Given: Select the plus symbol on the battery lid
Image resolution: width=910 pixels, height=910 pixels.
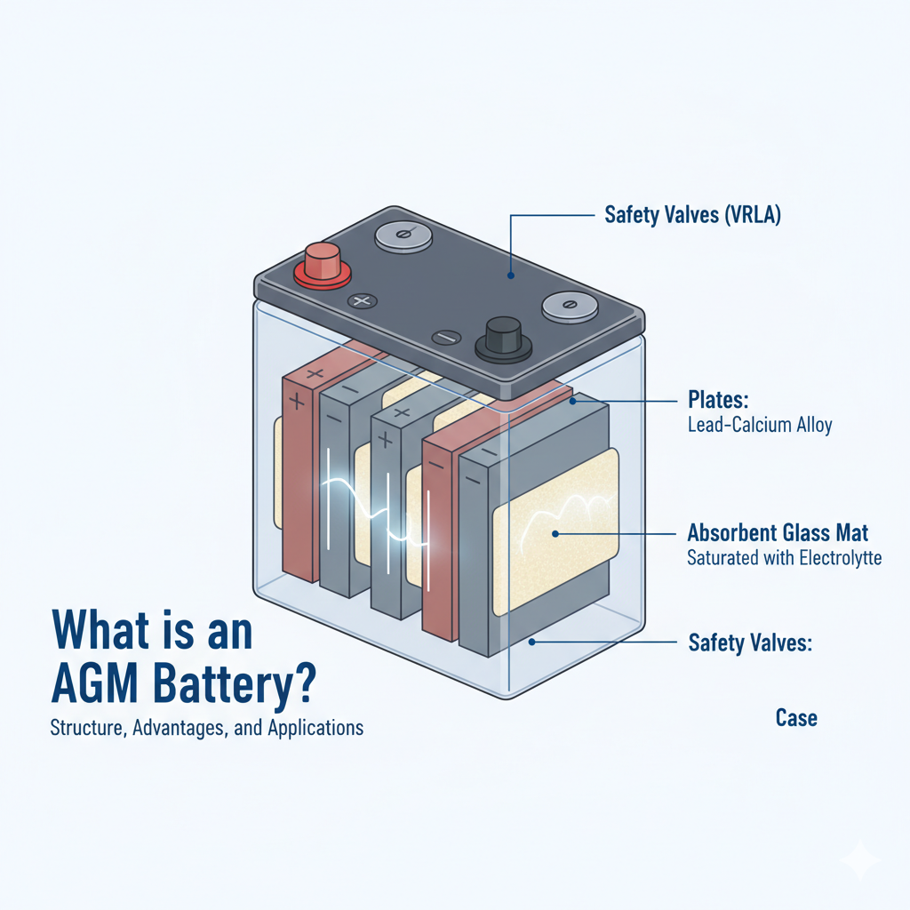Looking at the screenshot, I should click(x=362, y=302).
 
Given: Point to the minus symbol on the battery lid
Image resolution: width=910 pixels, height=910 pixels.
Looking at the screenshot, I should click(x=446, y=338).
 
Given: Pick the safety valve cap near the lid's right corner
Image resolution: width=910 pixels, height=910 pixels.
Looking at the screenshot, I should click(x=570, y=306).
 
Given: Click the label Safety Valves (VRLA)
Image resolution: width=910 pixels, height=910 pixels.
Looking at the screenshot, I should click(x=692, y=215).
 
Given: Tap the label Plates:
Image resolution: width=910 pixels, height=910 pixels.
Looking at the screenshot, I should click(x=716, y=397).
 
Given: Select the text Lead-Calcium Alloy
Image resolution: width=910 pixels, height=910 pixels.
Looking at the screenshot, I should click(x=760, y=425).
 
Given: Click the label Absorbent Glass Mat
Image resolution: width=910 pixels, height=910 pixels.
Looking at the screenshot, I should click(x=778, y=533).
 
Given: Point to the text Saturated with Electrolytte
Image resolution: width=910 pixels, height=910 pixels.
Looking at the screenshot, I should click(x=785, y=559).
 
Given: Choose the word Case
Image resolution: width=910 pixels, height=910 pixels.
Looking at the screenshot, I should click(x=795, y=717).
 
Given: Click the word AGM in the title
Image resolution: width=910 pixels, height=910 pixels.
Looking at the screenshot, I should click(x=92, y=686).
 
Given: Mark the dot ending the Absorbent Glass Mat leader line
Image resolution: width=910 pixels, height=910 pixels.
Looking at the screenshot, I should click(x=555, y=534).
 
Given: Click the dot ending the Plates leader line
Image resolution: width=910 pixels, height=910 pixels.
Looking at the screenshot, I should click(x=574, y=402).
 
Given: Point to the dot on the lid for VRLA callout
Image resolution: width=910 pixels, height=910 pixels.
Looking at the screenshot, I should click(x=512, y=276).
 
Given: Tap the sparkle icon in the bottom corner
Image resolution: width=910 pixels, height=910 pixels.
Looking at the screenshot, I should click(x=861, y=861).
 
